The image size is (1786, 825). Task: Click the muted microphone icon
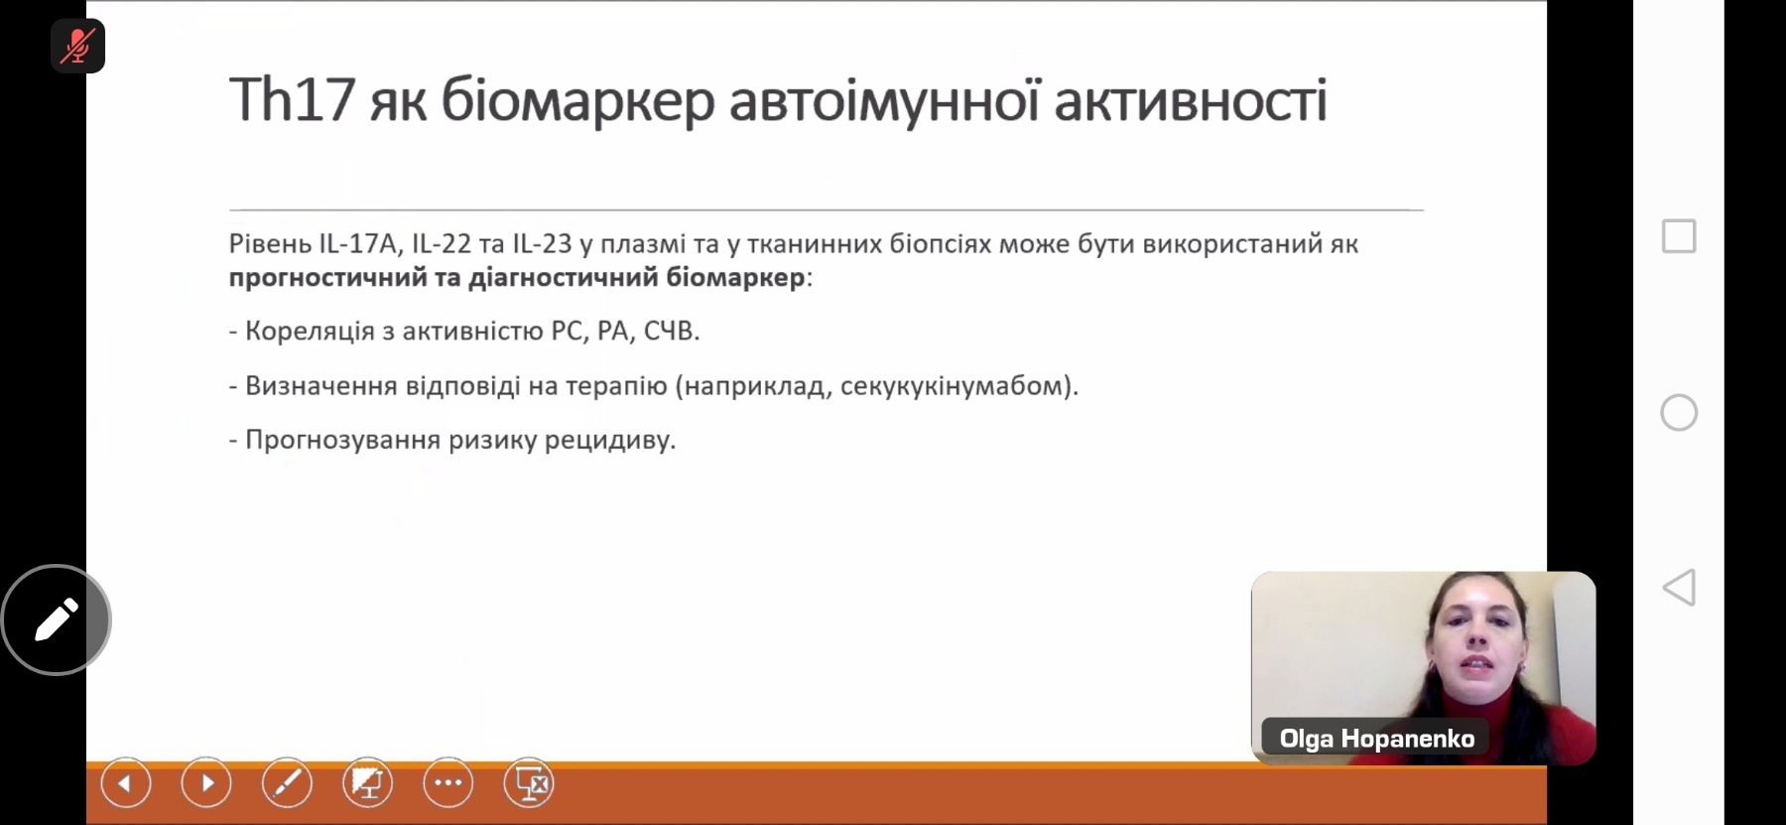point(77,46)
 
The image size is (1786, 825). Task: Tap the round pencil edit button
point(57,620)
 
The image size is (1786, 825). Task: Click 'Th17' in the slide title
point(292,99)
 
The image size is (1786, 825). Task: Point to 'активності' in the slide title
point(1191,101)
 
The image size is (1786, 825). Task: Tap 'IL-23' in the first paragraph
point(542,244)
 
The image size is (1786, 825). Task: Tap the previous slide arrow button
point(126,784)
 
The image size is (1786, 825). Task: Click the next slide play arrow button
point(206,784)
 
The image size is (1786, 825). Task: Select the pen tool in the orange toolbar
point(287,784)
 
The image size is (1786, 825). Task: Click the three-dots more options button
point(447,784)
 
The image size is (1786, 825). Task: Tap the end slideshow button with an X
point(529,784)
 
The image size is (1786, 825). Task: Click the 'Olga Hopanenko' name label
point(1376,739)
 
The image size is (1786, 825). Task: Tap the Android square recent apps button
point(1679,236)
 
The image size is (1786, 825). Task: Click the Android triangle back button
point(1679,588)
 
